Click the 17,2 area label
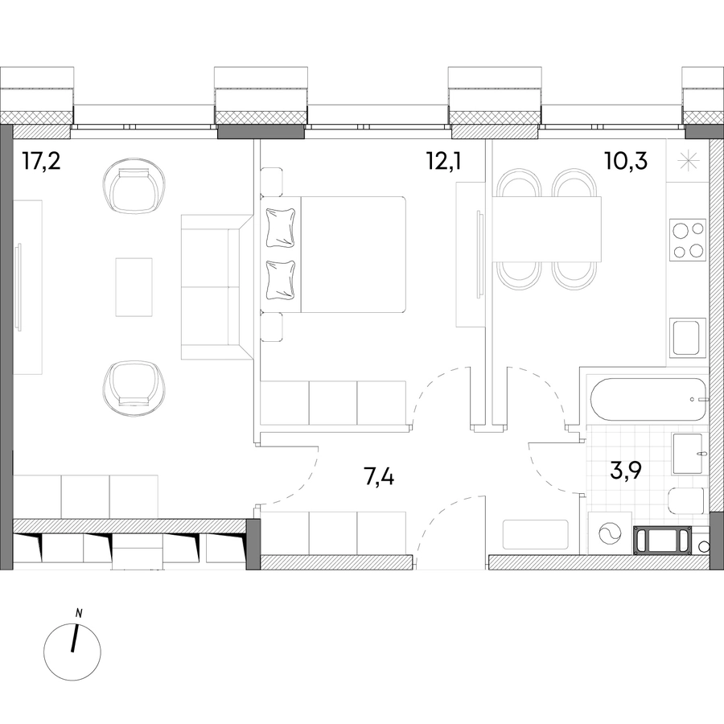[x=42, y=162]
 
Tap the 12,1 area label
[x=444, y=162]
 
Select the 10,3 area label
[x=626, y=162]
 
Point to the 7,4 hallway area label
[x=379, y=477]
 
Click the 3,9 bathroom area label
[x=626, y=473]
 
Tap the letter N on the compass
[x=79, y=614]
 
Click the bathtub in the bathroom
[x=648, y=399]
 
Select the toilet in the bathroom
[x=688, y=500]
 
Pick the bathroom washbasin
[x=688, y=454]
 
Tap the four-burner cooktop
[x=688, y=239]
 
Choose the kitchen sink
[x=688, y=337]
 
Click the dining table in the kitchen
[x=547, y=229]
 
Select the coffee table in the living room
[x=134, y=287]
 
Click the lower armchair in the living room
[x=134, y=387]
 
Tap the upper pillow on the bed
[x=280, y=228]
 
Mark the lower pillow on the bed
[x=280, y=280]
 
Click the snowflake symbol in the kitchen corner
[x=688, y=161]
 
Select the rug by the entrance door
[x=535, y=535]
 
